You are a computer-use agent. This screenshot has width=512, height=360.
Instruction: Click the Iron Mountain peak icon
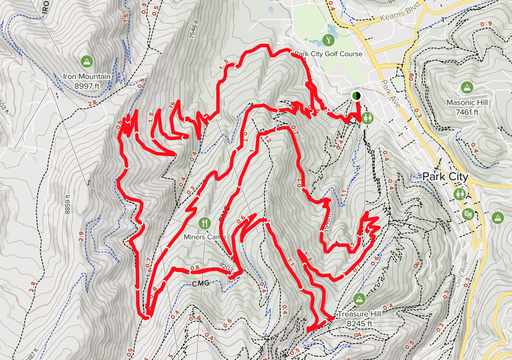click(87, 61)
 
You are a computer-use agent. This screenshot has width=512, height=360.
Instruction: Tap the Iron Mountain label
click(87, 77)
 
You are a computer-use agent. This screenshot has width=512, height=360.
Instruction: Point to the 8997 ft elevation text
click(87, 86)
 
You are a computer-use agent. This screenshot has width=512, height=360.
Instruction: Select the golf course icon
click(328, 40)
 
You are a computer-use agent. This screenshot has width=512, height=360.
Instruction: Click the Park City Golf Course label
click(329, 54)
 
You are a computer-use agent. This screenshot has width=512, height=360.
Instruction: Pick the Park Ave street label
click(390, 93)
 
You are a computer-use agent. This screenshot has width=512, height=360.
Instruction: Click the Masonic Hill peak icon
click(467, 88)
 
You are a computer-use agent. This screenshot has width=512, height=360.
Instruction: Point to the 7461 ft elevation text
click(467, 112)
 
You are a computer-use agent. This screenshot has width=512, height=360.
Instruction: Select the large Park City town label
click(445, 177)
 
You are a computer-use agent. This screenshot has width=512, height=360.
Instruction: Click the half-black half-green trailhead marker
click(356, 96)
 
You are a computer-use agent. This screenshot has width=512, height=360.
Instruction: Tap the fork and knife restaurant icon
click(204, 223)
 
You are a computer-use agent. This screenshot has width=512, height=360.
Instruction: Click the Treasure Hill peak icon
click(359, 299)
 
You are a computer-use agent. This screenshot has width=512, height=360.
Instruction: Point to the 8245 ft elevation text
click(359, 324)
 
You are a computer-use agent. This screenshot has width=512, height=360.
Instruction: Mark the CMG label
click(201, 283)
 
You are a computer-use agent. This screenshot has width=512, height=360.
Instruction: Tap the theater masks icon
click(468, 214)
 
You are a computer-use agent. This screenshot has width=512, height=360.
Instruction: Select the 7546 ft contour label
click(194, 30)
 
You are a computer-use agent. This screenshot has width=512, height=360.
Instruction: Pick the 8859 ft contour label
click(67, 204)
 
